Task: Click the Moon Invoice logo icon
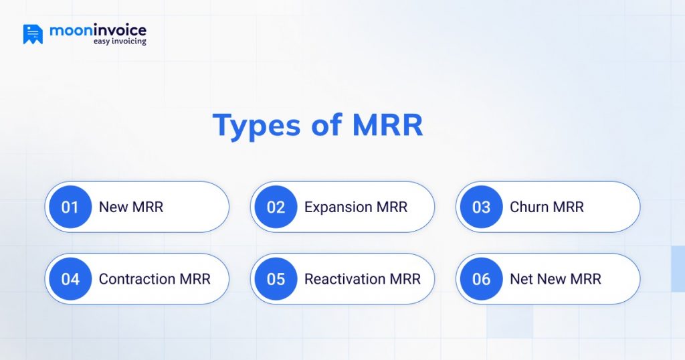33,34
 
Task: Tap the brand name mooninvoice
98,30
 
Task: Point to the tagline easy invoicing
120,42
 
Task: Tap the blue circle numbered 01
70,207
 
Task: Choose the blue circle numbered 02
276,207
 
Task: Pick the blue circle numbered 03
481,207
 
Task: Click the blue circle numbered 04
70,279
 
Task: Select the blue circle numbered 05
276,279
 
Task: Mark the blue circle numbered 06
481,279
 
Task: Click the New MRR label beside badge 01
131,207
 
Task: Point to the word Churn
528,207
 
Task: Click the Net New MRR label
555,279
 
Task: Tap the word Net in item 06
520,279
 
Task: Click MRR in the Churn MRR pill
567,207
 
